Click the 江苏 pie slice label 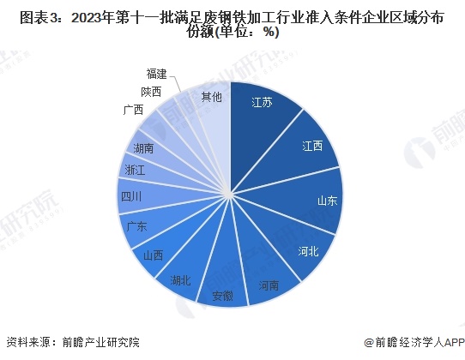pyautogui.click(x=263, y=103)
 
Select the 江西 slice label pyautogui.click(x=311, y=146)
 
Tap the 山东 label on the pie pyautogui.click(x=327, y=201)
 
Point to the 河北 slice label pyautogui.click(x=308, y=251)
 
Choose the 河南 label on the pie pyautogui.click(x=267, y=285)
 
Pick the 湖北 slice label pyautogui.click(x=180, y=279)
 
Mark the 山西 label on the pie pyautogui.click(x=154, y=255)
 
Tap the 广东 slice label pyautogui.click(x=136, y=226)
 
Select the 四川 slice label pyautogui.click(x=131, y=196)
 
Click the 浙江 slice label pyautogui.click(x=135, y=170)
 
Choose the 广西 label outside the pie pyautogui.click(x=132, y=110)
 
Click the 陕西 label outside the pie pyautogui.click(x=149, y=91)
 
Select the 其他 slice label pyautogui.click(x=211, y=98)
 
